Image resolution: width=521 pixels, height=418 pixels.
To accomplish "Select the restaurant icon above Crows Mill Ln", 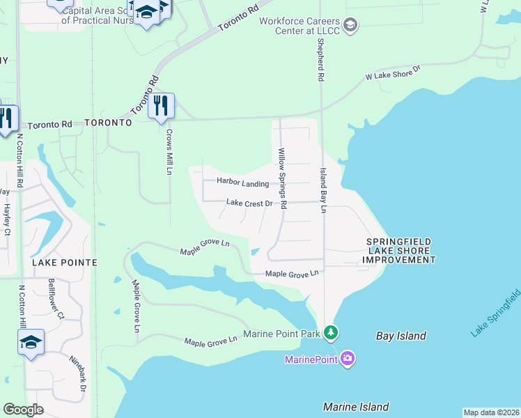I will pyautogui.click(x=161, y=106).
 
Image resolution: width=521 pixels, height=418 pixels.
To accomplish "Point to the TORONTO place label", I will pyautogui.click(x=108, y=123).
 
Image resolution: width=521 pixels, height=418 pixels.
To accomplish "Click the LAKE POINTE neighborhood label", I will pyautogui.click(x=63, y=263).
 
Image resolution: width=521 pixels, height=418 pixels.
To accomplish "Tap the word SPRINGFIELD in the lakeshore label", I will pyautogui.click(x=399, y=242).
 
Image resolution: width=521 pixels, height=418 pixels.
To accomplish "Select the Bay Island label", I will pyautogui.click(x=401, y=336).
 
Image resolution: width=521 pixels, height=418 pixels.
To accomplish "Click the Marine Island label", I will pyautogui.click(x=356, y=407).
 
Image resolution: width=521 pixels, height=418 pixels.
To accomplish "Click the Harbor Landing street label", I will pyautogui.click(x=242, y=183).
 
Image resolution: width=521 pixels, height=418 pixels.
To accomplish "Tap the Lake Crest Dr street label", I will pyautogui.click(x=249, y=203).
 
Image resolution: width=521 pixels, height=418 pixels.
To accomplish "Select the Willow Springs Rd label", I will pyautogui.click(x=282, y=178).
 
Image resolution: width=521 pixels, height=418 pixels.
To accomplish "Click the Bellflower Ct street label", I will pyautogui.click(x=56, y=299).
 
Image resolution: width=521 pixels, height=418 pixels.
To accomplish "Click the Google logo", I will pyautogui.click(x=24, y=409).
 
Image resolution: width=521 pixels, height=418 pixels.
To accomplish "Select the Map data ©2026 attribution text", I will pyautogui.click(x=491, y=412).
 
